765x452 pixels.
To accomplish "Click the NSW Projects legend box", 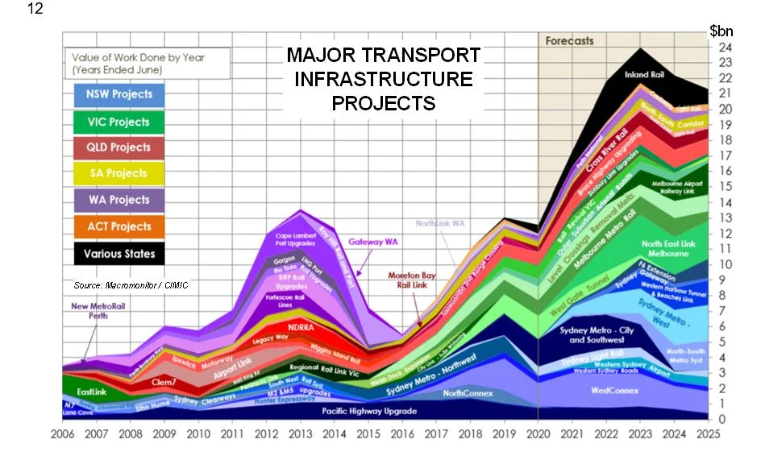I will (x=118, y=94).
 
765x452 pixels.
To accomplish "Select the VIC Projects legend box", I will (x=118, y=122).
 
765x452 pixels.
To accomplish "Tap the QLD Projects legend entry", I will (x=118, y=147).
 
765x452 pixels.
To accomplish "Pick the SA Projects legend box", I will (x=118, y=173).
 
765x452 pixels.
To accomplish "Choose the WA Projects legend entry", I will (x=118, y=200).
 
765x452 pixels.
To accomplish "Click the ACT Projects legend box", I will (x=118, y=226).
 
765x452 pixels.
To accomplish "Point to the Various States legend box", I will (x=118, y=253).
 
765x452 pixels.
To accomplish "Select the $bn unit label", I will (x=721, y=31).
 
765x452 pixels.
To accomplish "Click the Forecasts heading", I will (x=569, y=40).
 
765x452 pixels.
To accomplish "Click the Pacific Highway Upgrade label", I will (x=369, y=411).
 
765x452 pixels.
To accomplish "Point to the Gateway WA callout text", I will (x=377, y=241).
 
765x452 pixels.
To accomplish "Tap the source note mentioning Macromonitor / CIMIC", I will (x=130, y=286).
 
